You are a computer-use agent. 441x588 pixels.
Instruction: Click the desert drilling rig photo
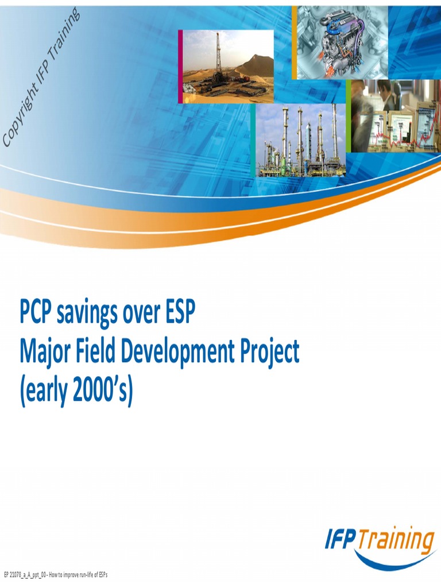[x=228, y=67]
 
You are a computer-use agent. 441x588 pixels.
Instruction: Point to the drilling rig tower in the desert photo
[x=218, y=55]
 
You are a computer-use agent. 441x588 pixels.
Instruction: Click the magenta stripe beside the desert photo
[x=180, y=67]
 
